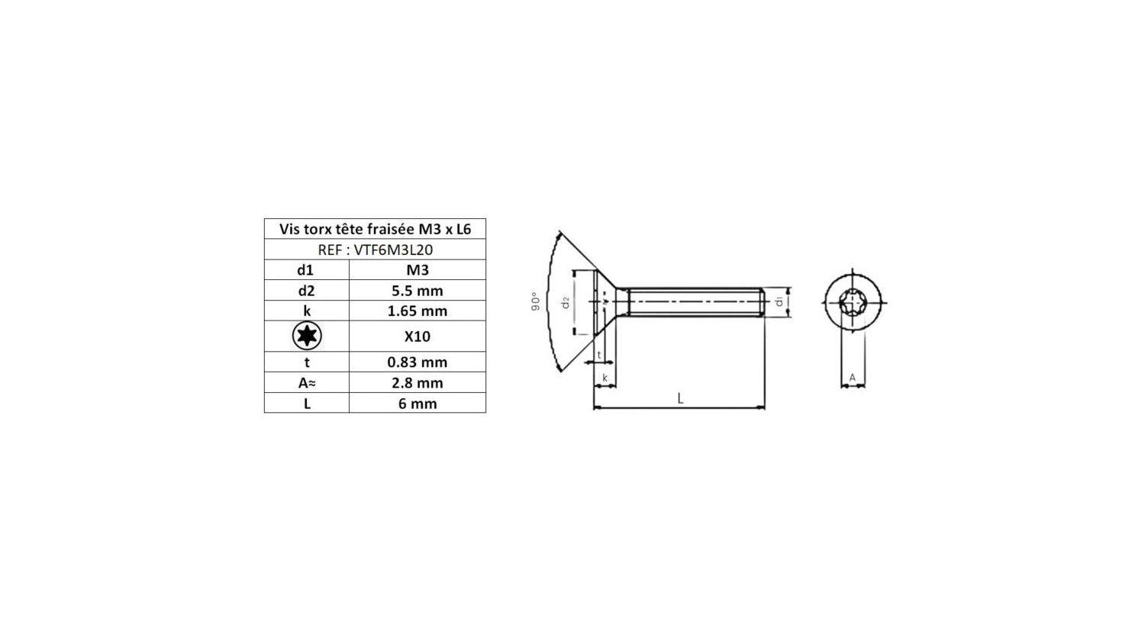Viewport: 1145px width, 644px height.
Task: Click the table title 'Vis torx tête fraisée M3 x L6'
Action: pos(375,229)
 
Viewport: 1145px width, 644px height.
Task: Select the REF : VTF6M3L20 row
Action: pos(375,250)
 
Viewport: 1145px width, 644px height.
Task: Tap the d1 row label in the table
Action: pos(306,270)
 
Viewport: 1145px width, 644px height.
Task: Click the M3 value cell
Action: pos(417,270)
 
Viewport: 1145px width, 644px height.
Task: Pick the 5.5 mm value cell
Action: pos(417,291)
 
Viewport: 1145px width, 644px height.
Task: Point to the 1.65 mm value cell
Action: pos(417,311)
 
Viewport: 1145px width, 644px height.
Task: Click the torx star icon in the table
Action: pos(307,336)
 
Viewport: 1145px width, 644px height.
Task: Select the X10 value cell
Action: pos(417,336)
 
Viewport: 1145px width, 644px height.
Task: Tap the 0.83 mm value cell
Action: pos(417,362)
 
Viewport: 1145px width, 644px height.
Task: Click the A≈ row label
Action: pos(307,383)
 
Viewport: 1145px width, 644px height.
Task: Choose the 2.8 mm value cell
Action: pos(417,383)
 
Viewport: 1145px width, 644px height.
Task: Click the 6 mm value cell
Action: pos(417,404)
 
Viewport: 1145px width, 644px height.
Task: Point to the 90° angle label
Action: pos(535,301)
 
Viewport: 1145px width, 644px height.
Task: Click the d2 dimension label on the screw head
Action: pos(566,302)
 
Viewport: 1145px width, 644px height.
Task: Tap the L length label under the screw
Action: pos(680,398)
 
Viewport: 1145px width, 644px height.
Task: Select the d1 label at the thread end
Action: pos(779,302)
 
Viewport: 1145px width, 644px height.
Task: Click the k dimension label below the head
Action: pos(605,378)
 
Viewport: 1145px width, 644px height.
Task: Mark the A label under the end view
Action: pos(853,378)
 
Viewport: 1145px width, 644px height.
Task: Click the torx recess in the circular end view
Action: pos(853,302)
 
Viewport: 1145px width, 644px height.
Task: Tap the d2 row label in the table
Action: pos(306,291)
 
